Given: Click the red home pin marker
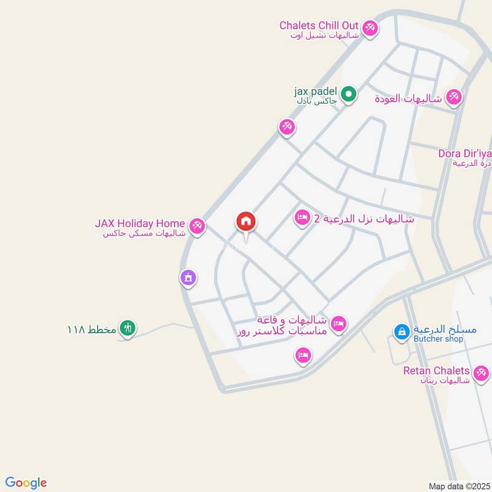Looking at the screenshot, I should [x=246, y=223].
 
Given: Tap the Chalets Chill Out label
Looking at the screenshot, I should [x=319, y=25].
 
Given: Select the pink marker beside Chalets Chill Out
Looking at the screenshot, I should [x=370, y=28].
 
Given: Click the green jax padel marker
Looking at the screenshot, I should [x=349, y=95].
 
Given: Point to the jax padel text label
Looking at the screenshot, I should [x=315, y=92].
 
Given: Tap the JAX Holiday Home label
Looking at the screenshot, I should [x=140, y=223].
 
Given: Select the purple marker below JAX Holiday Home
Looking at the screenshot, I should [x=188, y=278].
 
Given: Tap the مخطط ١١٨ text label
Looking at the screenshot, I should [x=92, y=329].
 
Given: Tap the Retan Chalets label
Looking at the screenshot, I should [x=437, y=371].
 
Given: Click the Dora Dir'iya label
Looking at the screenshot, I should [x=464, y=153].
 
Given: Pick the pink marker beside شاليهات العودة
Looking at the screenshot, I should [x=454, y=97].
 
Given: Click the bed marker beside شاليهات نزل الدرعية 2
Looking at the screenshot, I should [x=302, y=218].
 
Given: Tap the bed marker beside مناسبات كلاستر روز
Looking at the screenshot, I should [x=339, y=323].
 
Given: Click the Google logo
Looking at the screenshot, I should [x=26, y=483].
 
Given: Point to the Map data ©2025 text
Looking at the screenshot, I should [x=458, y=486].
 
